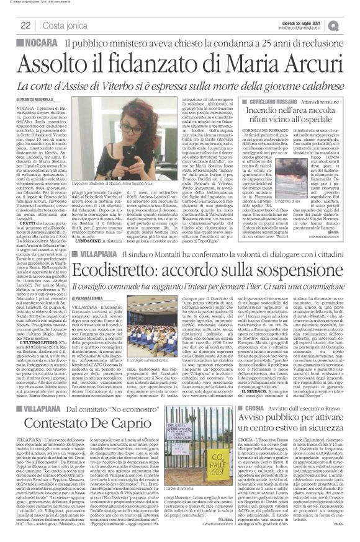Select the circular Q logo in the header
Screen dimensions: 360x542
[x=348, y=23]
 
